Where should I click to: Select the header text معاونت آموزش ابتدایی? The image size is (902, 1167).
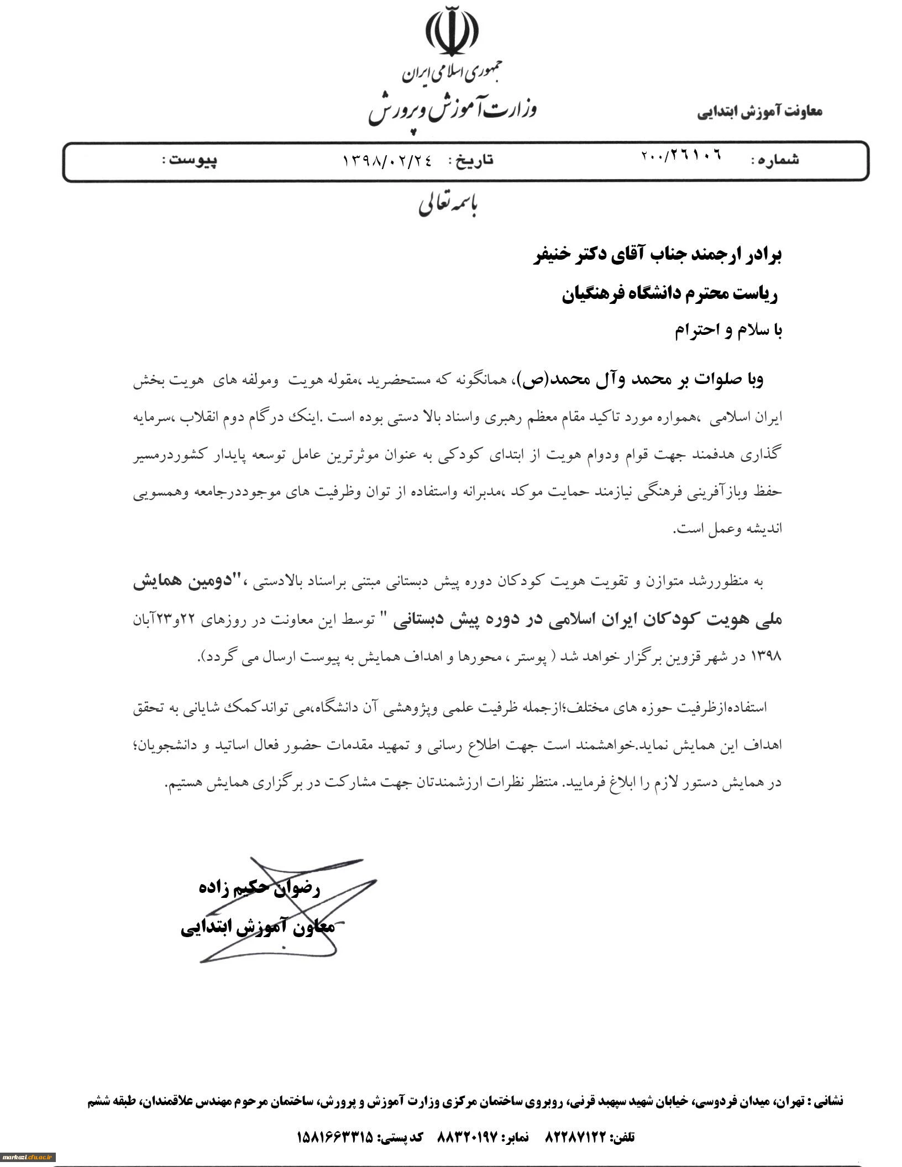click(x=759, y=112)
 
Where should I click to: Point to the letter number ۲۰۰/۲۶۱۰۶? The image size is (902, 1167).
click(x=681, y=156)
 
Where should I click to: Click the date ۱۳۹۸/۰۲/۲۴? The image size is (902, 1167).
click(x=387, y=160)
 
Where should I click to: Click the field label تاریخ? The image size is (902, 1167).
click(x=471, y=160)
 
